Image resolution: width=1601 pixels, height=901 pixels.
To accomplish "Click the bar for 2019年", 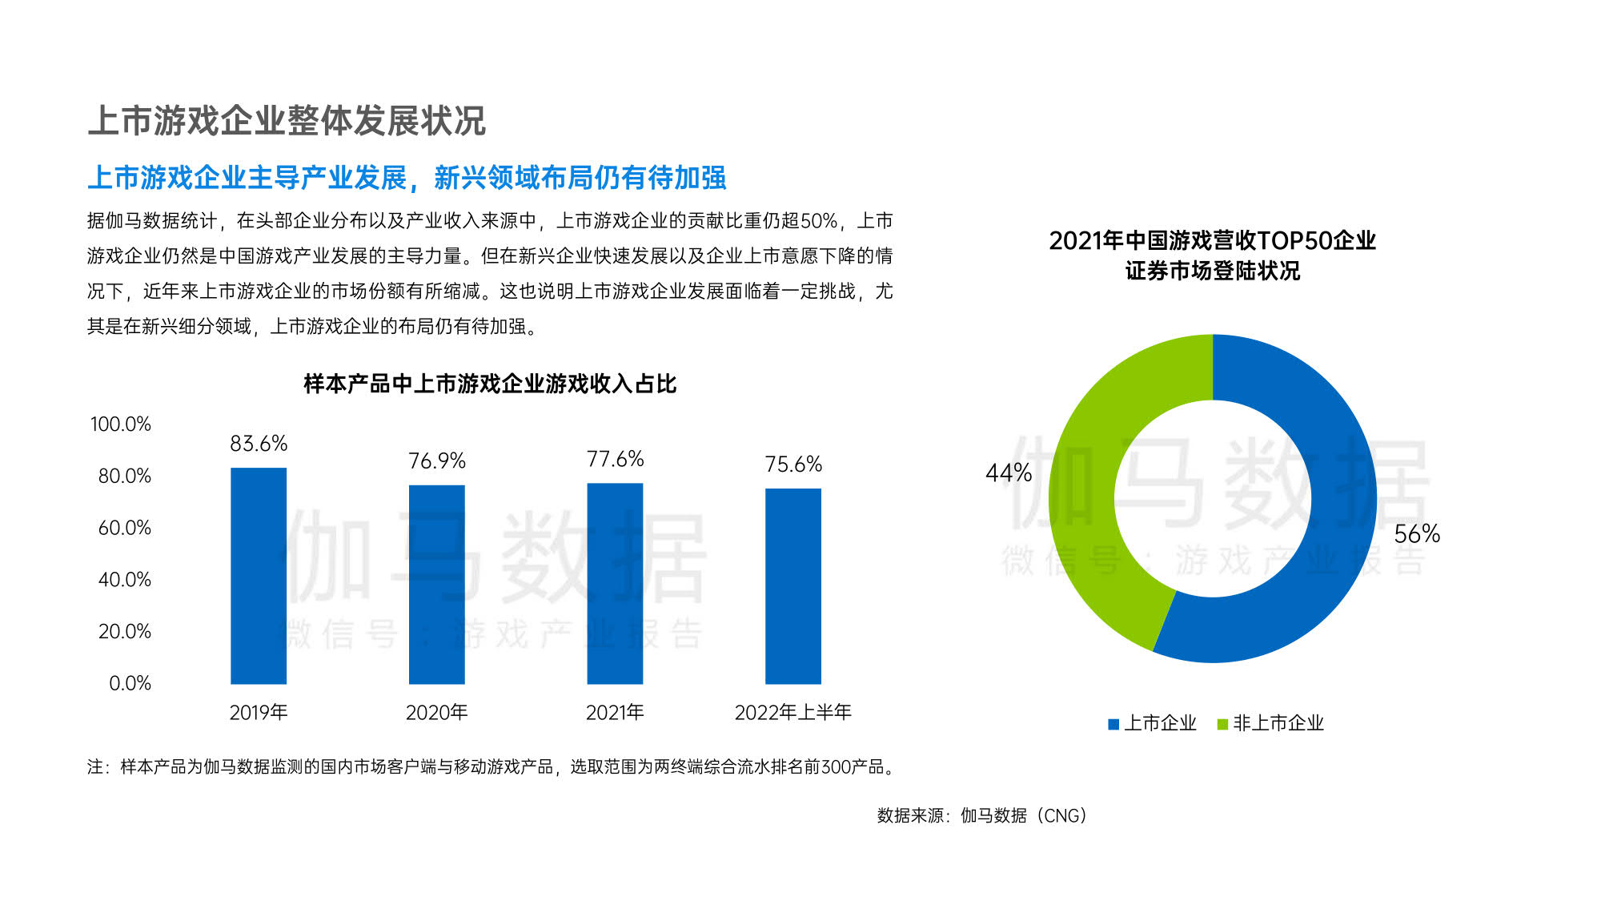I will (259, 576).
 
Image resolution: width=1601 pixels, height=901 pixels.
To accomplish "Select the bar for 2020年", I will (437, 585).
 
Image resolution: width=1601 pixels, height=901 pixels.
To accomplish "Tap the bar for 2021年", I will (615, 584).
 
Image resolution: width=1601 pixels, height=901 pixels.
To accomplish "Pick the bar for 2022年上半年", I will (793, 586).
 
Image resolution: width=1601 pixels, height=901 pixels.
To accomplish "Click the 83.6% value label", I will (259, 444).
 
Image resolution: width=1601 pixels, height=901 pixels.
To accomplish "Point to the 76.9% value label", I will (437, 461).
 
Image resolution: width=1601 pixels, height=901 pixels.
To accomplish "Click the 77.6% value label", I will (615, 459).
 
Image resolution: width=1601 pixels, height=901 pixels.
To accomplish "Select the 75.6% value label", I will (793, 465).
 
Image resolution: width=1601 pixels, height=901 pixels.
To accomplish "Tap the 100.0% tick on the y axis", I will (121, 424).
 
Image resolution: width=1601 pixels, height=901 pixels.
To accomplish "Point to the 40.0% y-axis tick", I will (124, 580).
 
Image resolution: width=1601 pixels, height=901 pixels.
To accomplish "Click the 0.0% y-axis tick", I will (130, 683).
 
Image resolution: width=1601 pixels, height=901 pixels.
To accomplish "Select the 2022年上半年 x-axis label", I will (793, 712).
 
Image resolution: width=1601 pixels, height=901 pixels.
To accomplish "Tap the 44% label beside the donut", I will (1009, 473).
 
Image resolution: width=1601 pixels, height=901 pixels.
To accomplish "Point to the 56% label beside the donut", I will (1417, 534).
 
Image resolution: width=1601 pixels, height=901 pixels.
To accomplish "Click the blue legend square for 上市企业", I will (1113, 724).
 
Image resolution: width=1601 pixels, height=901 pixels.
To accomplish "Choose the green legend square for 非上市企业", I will (1222, 724).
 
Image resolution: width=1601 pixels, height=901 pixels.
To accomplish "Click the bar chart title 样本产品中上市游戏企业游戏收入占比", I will (490, 384).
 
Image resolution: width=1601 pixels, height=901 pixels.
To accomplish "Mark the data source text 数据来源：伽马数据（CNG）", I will (982, 815).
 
